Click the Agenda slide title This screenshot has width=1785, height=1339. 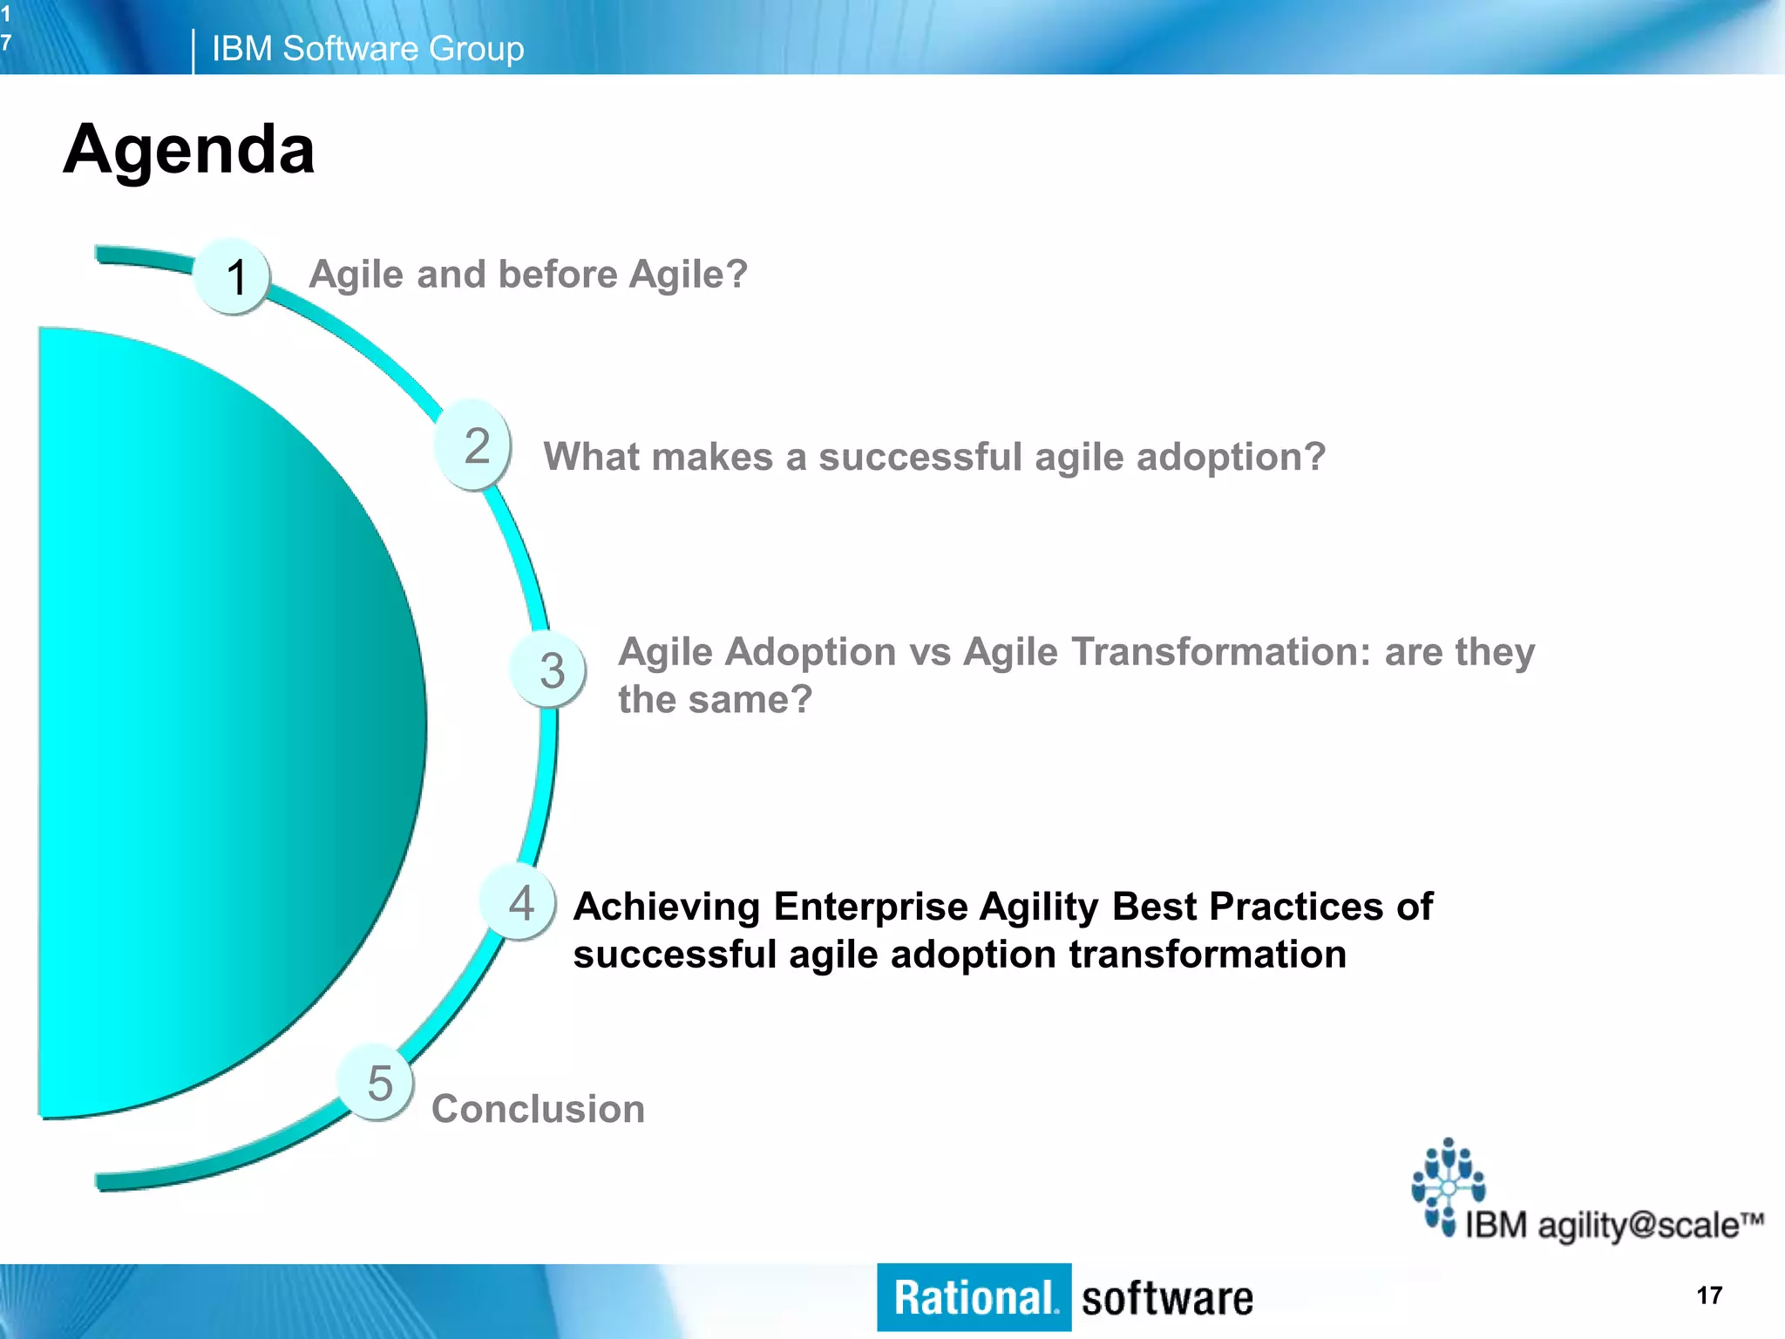coord(188,150)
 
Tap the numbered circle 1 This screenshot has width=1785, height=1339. coord(233,276)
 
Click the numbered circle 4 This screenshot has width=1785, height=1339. coord(519,903)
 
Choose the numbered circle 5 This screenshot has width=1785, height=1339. coord(377,1083)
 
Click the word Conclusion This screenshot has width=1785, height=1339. coord(538,1109)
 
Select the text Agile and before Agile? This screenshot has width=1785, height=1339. coord(528,275)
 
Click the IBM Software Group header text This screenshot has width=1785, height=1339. coord(367,49)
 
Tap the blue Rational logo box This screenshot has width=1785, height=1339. coord(974,1297)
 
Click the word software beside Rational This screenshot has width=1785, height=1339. coord(1166,1299)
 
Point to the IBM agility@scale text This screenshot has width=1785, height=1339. coord(1612,1225)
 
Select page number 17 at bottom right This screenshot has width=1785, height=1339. coord(1709,1295)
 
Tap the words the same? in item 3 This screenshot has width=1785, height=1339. coord(715,700)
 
